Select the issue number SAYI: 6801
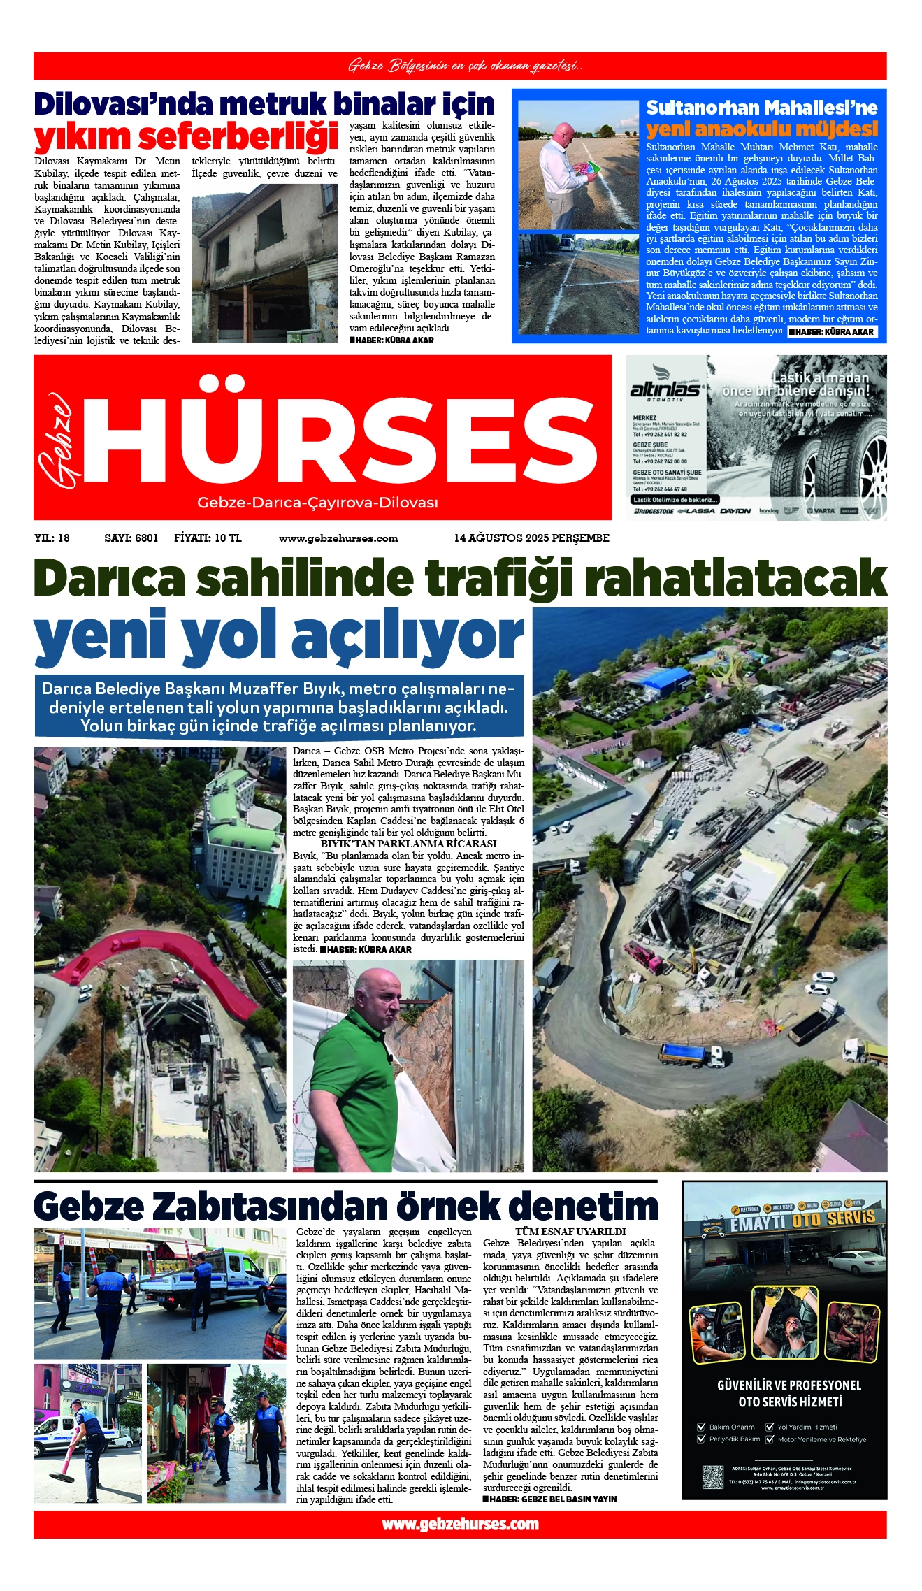131,538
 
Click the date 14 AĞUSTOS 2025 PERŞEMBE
531,538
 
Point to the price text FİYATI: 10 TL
208,538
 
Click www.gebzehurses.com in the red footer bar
460,1524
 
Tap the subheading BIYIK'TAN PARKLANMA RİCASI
408,844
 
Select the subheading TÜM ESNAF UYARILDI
570,1232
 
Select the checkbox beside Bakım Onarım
702,1427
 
